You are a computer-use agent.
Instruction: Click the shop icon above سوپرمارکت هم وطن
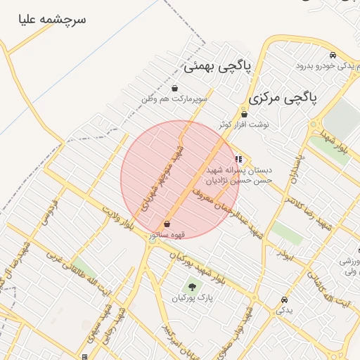coord(174,89)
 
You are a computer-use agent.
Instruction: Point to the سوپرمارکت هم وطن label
coord(174,100)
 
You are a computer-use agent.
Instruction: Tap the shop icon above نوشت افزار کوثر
coord(244,114)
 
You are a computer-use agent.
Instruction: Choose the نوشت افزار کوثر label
coord(244,124)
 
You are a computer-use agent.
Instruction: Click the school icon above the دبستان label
coord(239,159)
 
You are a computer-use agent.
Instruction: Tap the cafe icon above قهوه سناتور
coord(167,223)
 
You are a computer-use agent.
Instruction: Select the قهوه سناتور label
coord(167,234)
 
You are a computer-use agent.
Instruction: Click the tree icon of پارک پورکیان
coord(191,286)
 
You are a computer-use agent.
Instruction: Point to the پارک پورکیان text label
coord(191,298)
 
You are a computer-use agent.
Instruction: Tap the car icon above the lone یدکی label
coord(283,299)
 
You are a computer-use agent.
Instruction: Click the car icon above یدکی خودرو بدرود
coord(333,55)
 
